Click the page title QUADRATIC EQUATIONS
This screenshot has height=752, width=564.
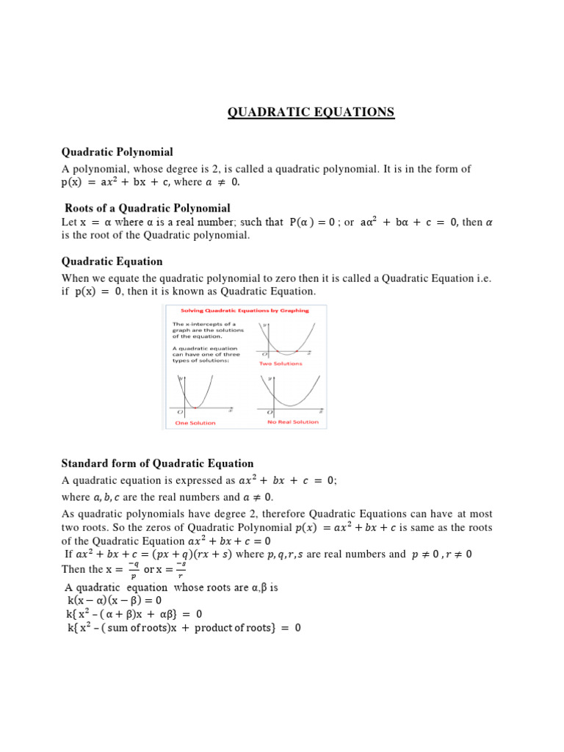311,112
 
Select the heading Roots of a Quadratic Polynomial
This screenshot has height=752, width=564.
148,209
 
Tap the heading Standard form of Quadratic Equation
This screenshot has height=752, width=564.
157,463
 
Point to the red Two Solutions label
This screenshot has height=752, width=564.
280,364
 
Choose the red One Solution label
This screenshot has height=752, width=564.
195,422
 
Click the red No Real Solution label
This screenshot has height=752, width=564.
292,422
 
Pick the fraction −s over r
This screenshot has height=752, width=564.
181,569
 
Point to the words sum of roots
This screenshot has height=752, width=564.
147,629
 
